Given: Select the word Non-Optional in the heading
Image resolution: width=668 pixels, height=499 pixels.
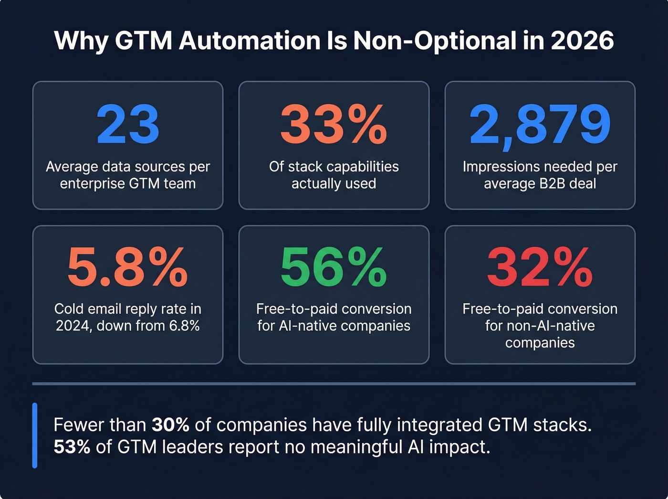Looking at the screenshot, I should (x=435, y=41).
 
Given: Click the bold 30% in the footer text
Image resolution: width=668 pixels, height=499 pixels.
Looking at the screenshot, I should (x=170, y=425).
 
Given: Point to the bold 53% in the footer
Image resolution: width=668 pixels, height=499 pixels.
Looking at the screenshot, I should (x=72, y=447).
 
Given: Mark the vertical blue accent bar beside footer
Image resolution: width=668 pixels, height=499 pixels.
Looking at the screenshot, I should (x=35, y=435).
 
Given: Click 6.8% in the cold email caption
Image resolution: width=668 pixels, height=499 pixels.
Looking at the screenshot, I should (x=184, y=326).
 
